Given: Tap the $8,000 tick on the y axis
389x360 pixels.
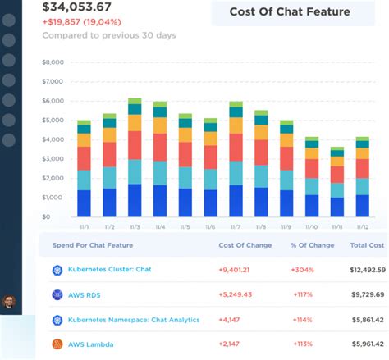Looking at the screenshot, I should (53, 62).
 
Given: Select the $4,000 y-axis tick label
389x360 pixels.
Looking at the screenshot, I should (53, 139).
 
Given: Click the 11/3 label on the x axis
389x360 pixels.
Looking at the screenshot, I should (135, 226).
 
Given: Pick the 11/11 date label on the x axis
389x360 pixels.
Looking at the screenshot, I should (336, 226).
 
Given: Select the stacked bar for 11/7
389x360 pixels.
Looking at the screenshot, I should (236, 159).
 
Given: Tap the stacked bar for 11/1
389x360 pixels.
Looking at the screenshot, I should (84, 168).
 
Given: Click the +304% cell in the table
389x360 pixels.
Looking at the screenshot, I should (300, 270).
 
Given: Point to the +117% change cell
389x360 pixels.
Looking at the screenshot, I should (300, 294).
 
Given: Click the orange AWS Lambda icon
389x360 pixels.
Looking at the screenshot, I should (57, 344).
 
